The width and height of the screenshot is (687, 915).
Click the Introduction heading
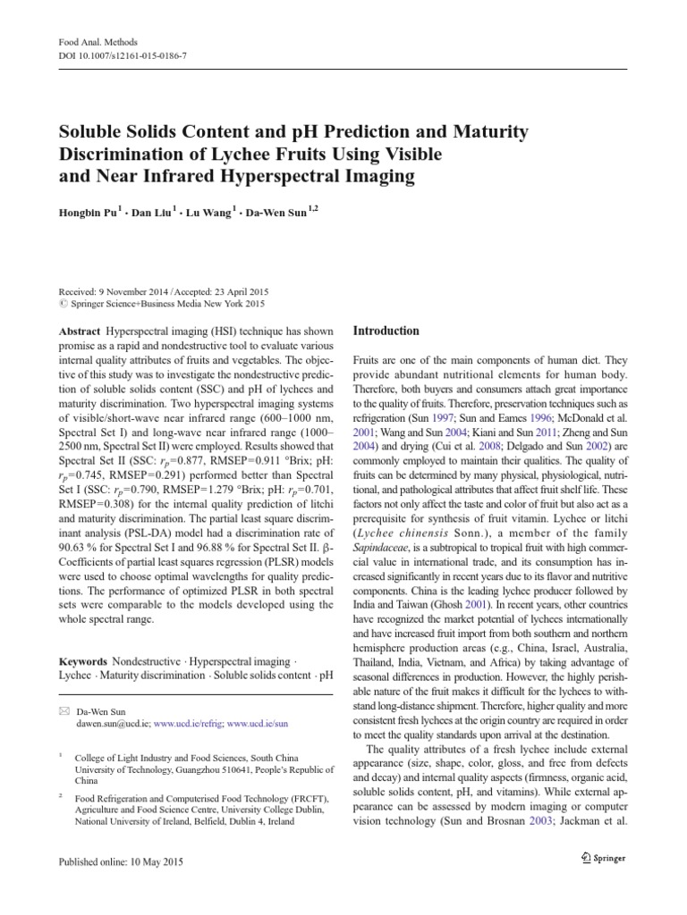point(386,331)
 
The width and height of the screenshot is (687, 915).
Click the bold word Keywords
point(83,662)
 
